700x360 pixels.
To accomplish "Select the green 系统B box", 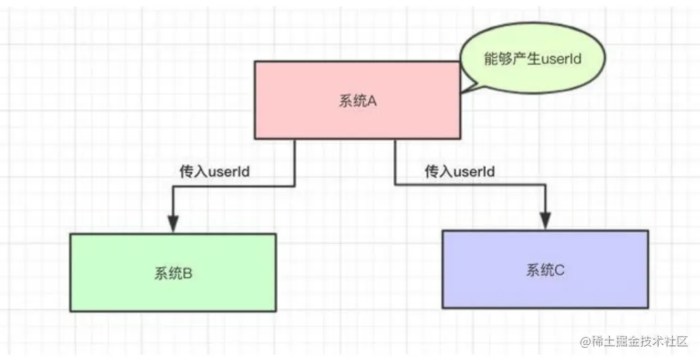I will pos(173,272).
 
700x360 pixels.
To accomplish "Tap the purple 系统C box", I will pos(545,269).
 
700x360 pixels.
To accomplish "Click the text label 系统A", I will pos(357,102).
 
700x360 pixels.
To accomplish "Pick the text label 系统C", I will pos(545,270).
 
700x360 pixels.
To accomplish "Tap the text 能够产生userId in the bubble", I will pos(532,59).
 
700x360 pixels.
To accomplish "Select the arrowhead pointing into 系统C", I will pos(545,220).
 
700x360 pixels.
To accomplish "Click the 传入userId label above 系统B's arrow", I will pos(214,172).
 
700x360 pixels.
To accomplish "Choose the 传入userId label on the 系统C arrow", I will pos(459,172).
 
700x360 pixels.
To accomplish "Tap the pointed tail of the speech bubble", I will pos(465,87).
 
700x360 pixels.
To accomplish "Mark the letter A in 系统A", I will pos(371,102).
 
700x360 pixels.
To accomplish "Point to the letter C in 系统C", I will pos(559,270).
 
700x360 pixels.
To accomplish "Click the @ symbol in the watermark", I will pos(584,340).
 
